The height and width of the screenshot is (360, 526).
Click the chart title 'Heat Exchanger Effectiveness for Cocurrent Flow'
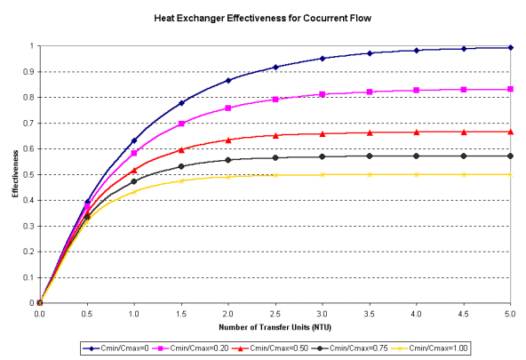tap(263, 18)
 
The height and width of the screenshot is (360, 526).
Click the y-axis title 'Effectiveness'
tap(15, 174)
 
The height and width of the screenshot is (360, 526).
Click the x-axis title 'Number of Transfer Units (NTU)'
tap(275, 327)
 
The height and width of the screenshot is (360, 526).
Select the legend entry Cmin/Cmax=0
tap(116, 348)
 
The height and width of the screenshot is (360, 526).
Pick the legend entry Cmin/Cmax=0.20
tap(191, 348)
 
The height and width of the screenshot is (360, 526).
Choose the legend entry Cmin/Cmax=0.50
tap(270, 348)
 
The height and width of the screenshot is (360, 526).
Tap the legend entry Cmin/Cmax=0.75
tap(350, 348)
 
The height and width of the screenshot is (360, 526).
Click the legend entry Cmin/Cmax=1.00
tap(430, 348)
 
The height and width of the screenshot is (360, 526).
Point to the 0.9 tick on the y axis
tap(31, 72)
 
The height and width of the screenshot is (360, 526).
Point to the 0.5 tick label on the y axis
tap(31, 174)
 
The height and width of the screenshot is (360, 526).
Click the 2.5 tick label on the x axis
tap(275, 314)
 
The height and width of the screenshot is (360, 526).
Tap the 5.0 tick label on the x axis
tap(510, 314)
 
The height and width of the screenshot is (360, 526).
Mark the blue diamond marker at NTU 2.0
tap(228, 81)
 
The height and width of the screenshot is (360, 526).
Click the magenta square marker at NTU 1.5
tap(181, 124)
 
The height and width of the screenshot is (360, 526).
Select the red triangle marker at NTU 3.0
tap(323, 134)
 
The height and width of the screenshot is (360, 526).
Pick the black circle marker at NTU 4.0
tap(417, 156)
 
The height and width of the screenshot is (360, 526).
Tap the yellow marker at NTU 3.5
tap(370, 174)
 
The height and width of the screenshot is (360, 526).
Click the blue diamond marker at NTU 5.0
tap(511, 48)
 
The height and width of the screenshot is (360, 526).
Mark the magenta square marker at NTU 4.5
tap(464, 90)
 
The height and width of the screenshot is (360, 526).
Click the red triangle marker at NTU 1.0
tap(134, 171)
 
